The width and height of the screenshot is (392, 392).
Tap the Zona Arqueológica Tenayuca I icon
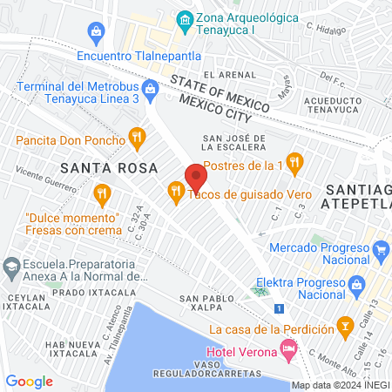point(185,19)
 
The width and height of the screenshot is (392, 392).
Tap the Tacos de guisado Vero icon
point(175,189)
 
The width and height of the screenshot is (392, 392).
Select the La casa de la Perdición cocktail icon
point(347,328)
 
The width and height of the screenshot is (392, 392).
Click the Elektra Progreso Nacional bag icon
point(355,284)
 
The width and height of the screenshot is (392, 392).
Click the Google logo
point(29,381)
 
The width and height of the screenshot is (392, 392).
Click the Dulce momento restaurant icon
point(102,193)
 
